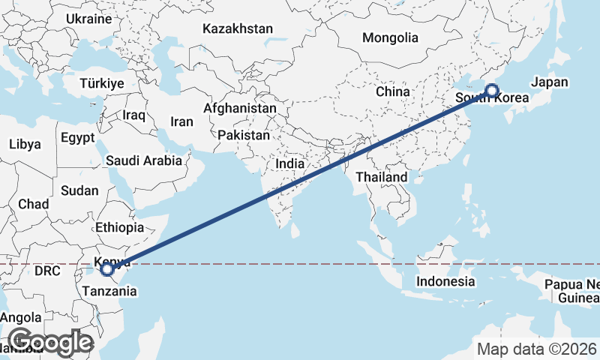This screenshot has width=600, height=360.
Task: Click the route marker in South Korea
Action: point(491,91)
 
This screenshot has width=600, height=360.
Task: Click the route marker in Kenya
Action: point(107,268)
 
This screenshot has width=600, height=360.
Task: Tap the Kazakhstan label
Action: point(238,28)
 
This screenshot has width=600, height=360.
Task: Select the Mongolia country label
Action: point(389,37)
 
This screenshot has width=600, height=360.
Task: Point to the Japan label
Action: point(549,82)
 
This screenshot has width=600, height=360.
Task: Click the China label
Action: point(392,91)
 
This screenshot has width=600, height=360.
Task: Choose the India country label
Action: point(290,163)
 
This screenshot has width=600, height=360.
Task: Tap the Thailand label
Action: point(382,177)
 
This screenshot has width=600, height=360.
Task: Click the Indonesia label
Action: point(446,282)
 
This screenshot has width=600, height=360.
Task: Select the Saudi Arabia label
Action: point(144,160)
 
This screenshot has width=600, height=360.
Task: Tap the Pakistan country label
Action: point(244,136)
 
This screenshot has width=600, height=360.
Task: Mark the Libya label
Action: point(25,143)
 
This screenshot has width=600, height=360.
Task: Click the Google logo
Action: point(49,342)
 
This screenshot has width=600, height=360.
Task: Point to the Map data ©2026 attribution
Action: point(537,349)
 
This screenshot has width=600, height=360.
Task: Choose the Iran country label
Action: point(181,121)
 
